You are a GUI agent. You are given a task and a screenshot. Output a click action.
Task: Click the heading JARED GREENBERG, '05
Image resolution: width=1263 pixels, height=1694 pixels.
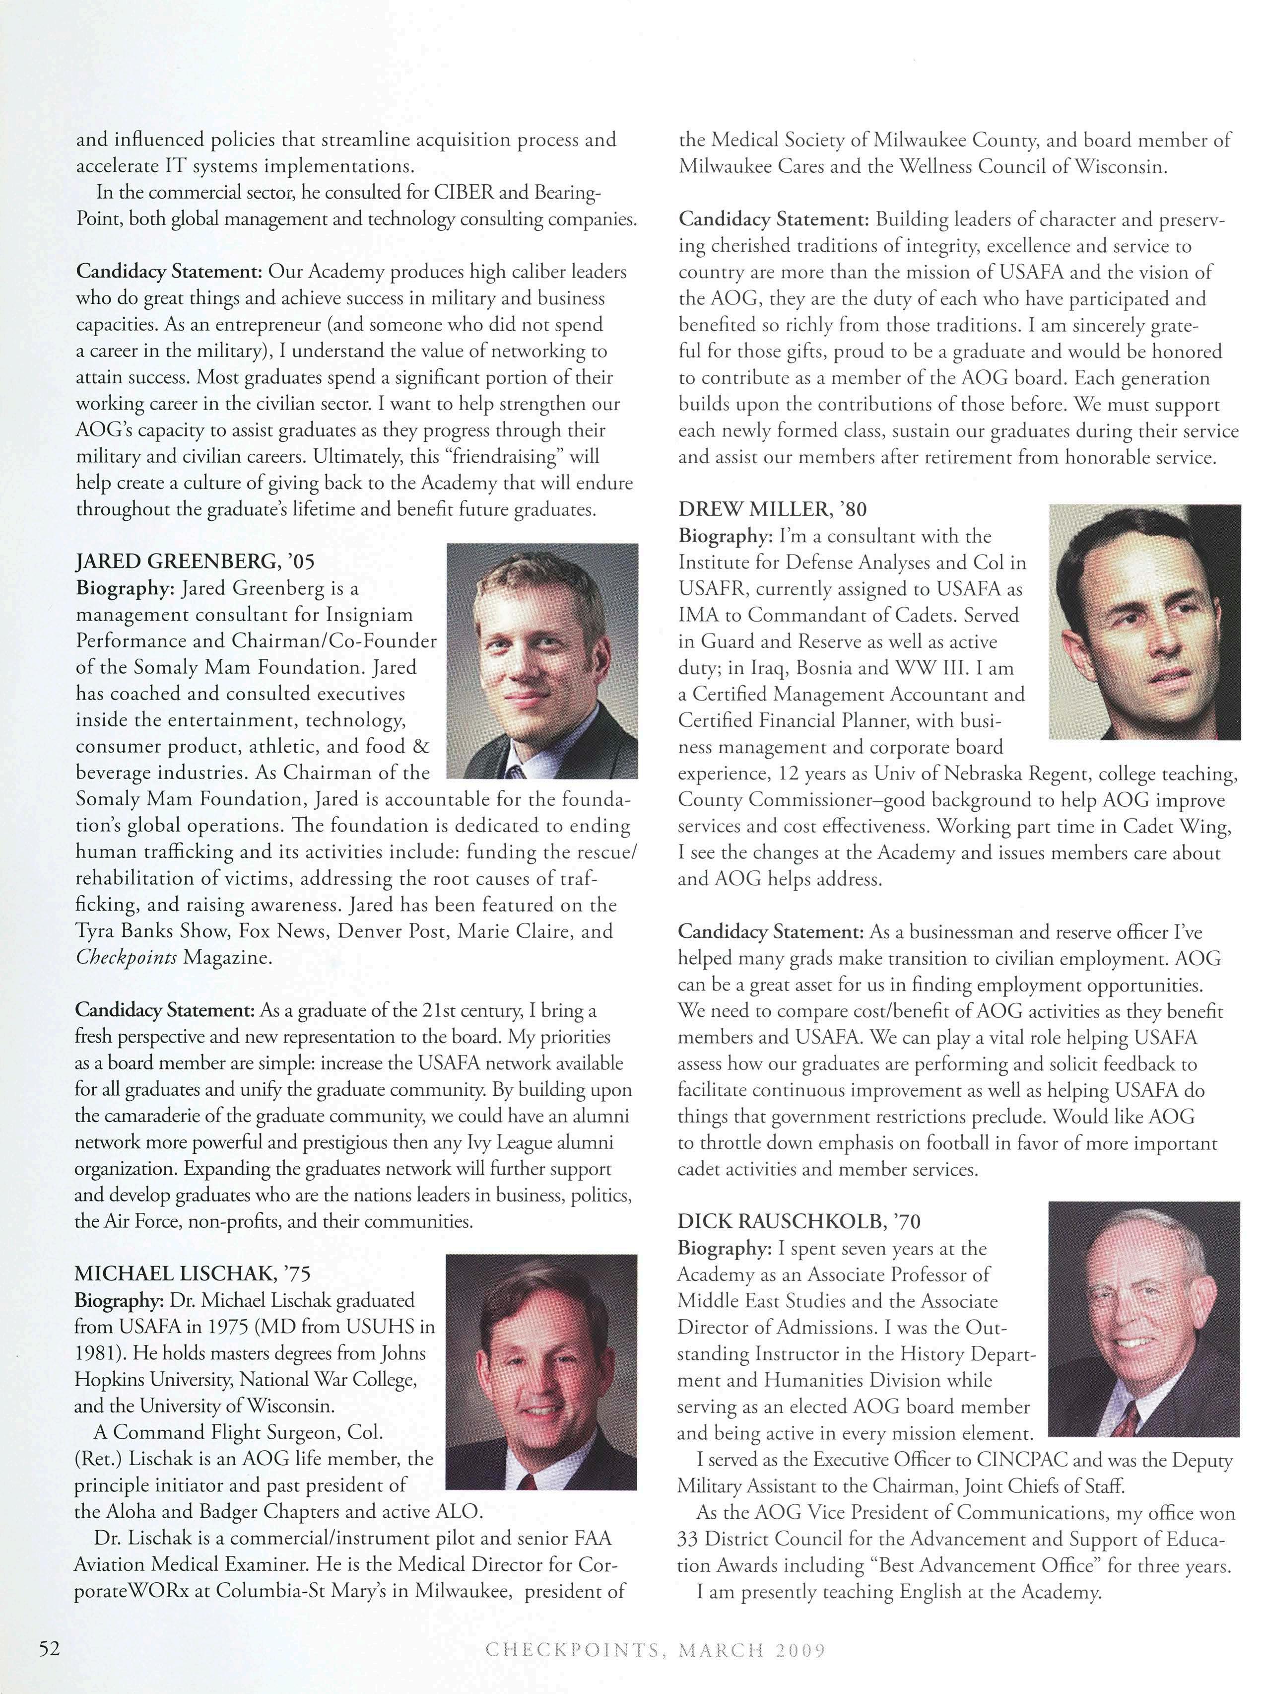(195, 562)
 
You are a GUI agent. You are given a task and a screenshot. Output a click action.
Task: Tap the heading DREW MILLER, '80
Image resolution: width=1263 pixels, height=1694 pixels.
(773, 508)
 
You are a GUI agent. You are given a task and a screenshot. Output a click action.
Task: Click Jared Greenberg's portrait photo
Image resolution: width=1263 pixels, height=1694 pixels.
(541, 661)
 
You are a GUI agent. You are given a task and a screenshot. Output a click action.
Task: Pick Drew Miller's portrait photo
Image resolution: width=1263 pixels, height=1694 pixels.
(1144, 622)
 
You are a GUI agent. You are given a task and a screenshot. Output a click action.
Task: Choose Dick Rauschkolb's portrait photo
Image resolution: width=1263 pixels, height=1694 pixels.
(1144, 1319)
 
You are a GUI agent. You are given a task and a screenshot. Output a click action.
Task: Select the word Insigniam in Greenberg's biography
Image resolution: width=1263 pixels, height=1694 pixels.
(369, 615)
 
